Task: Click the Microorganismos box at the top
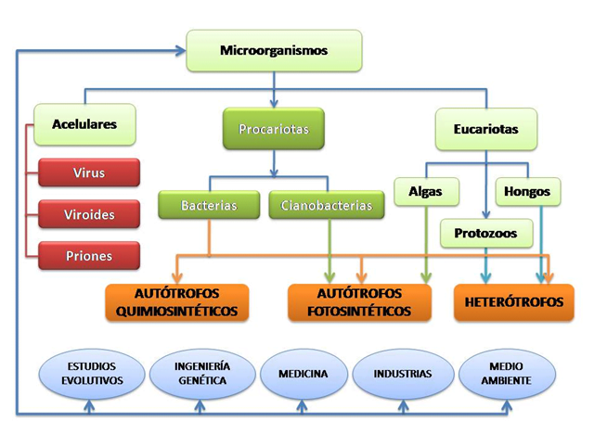click(274, 50)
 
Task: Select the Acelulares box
click(84, 123)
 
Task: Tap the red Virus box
click(89, 172)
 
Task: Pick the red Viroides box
click(89, 214)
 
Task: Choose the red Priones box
click(89, 256)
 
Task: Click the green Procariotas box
click(273, 129)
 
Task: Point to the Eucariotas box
click(486, 129)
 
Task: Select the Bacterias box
click(209, 205)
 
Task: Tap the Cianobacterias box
click(327, 205)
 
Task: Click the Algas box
click(425, 192)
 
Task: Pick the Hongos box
click(527, 192)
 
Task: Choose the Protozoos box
click(486, 234)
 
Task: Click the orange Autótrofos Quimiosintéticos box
click(176, 302)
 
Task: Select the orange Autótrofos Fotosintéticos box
click(359, 302)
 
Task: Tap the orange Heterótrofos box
click(513, 302)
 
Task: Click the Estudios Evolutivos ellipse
click(92, 374)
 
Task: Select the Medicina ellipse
click(303, 374)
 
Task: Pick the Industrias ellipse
click(402, 374)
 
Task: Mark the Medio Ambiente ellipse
click(507, 374)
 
